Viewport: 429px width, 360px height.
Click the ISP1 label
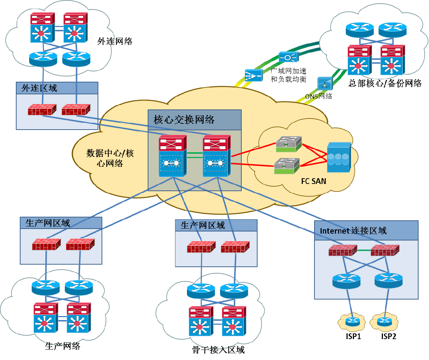coord(353,336)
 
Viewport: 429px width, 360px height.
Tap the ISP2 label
coord(389,336)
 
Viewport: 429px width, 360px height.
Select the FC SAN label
coord(313,181)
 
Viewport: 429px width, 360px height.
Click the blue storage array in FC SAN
coord(339,157)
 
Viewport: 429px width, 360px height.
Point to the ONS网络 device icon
coord(325,84)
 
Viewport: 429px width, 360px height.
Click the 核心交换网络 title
coord(184,120)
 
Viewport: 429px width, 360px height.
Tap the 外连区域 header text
coord(39,88)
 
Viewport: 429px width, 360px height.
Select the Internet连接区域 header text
coord(353,231)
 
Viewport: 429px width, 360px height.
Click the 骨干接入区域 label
coord(218,350)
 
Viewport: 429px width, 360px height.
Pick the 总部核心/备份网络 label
coord(385,83)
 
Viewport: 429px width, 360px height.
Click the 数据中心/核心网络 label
coord(110,158)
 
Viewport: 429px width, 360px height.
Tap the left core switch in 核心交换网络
coord(173,156)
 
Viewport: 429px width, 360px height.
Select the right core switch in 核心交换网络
coord(216,156)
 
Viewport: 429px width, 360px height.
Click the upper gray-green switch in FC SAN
coord(289,144)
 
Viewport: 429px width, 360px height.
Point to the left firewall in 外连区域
coord(42,109)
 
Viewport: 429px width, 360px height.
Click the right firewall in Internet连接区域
coord(385,250)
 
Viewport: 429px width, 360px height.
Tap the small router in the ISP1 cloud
coord(352,321)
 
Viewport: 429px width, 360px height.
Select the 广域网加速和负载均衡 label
coord(289,75)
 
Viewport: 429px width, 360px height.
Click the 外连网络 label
coord(115,41)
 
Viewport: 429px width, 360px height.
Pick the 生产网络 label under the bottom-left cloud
coord(63,346)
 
